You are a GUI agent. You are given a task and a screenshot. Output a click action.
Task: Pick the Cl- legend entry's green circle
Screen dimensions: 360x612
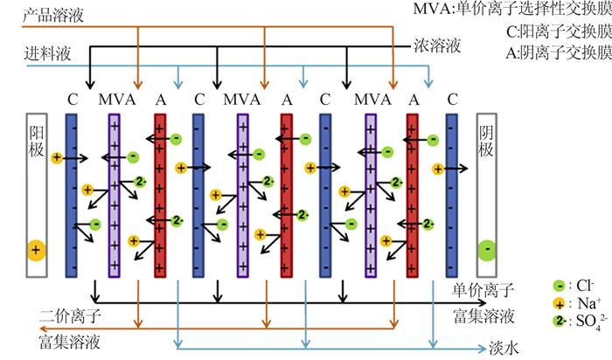click(x=559, y=286)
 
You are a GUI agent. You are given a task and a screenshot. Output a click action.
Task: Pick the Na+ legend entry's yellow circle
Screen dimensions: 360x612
click(x=559, y=304)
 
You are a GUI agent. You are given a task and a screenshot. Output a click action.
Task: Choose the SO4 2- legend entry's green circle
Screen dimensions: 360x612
click(x=559, y=322)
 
